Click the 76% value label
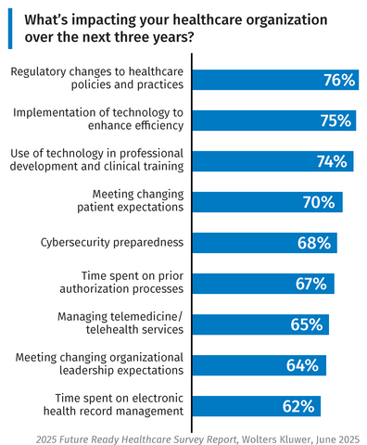coord(339,80)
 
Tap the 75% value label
coord(335,121)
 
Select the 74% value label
coord(332,161)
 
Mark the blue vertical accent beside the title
coord(10,28)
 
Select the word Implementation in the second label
coord(54,112)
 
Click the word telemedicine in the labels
coord(118,316)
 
